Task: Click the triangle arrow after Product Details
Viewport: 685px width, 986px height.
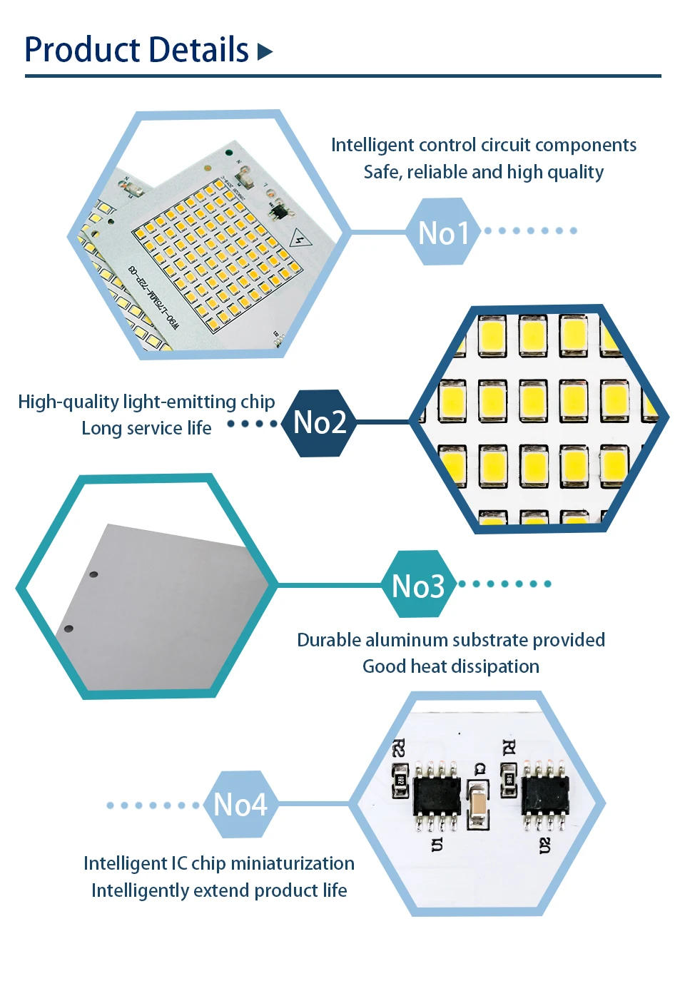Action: (265, 51)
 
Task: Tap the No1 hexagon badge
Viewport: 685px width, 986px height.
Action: (443, 233)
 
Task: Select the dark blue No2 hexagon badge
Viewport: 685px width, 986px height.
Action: (320, 422)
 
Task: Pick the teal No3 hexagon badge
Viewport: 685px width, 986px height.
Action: (418, 586)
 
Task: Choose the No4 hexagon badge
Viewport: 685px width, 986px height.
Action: (240, 805)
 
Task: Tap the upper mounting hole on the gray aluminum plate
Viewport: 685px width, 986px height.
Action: (93, 574)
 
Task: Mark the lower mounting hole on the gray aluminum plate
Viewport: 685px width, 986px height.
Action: (68, 629)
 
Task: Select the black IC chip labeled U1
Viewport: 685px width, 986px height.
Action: (436, 796)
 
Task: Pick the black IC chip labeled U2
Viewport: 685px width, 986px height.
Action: (546, 796)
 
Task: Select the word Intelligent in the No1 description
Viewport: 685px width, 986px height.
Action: (372, 145)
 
